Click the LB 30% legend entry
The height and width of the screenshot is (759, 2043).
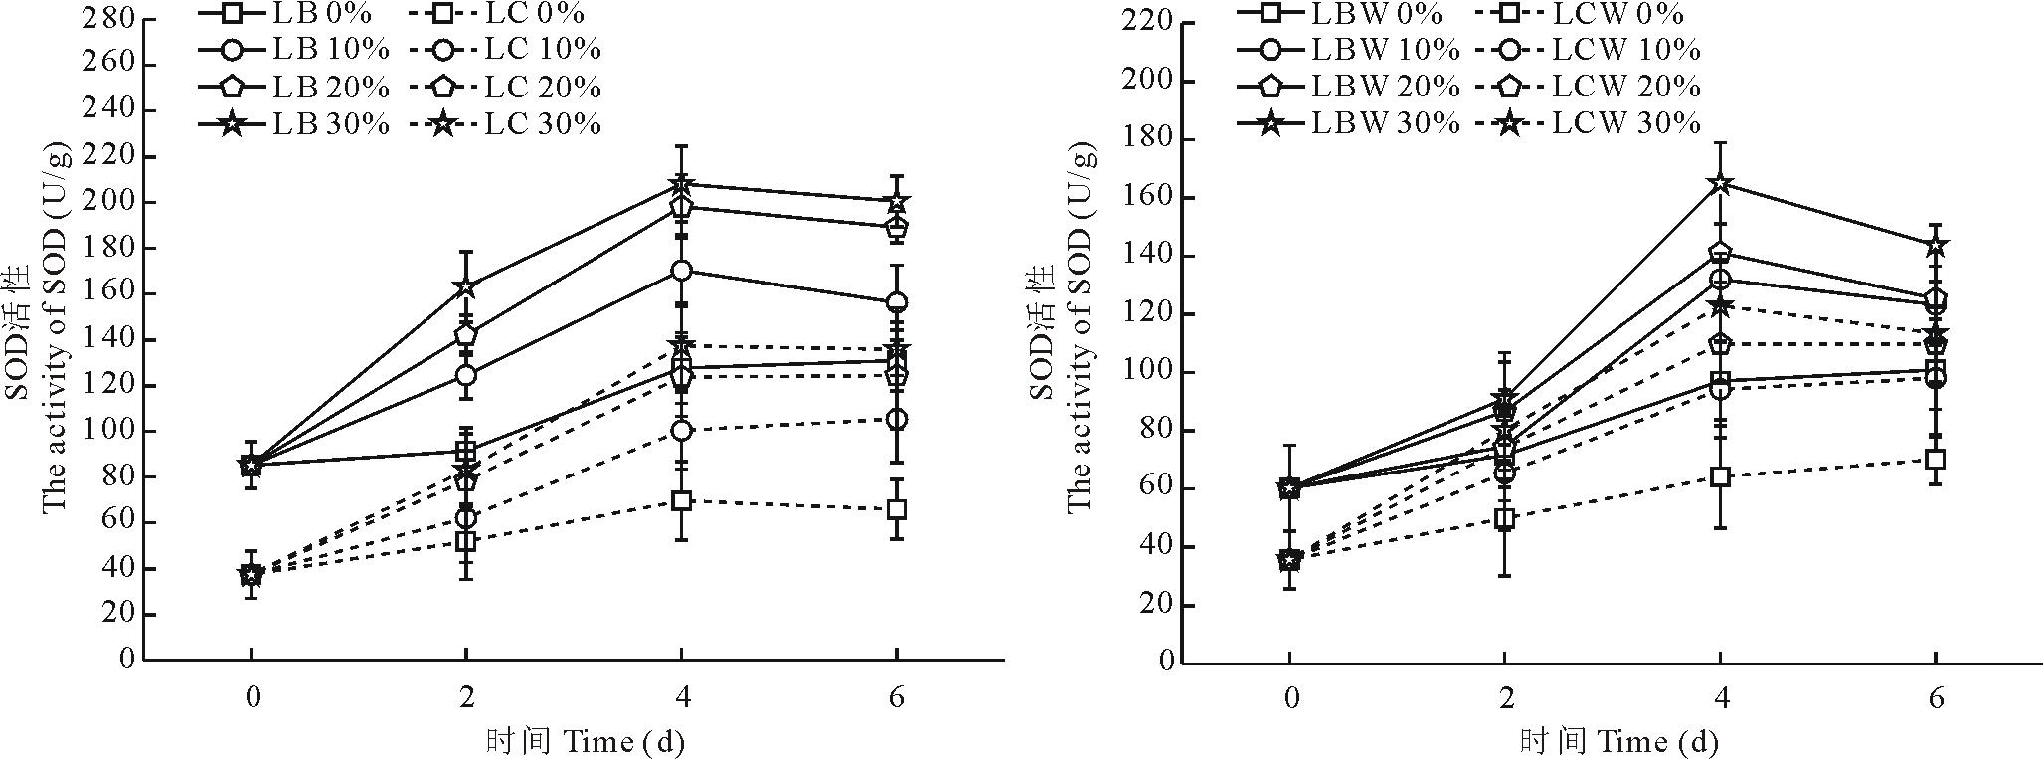coord(297,124)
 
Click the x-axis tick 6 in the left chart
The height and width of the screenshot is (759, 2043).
coord(897,697)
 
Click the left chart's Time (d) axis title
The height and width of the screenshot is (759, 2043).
coord(586,742)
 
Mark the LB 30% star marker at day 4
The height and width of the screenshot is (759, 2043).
coord(681,184)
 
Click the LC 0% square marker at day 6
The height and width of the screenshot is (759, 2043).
coord(897,509)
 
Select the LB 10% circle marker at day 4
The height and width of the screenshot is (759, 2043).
coord(681,271)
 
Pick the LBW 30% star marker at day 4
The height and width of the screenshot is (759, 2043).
coord(1720,184)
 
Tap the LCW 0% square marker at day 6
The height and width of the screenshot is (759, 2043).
coord(1935,460)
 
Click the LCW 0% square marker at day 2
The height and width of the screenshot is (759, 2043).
coord(1505,518)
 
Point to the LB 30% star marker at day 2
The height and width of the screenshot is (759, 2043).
coord(465,287)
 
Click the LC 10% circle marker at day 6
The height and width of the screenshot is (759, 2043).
coord(897,420)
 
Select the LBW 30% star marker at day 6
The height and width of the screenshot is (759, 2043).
coord(1935,246)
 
